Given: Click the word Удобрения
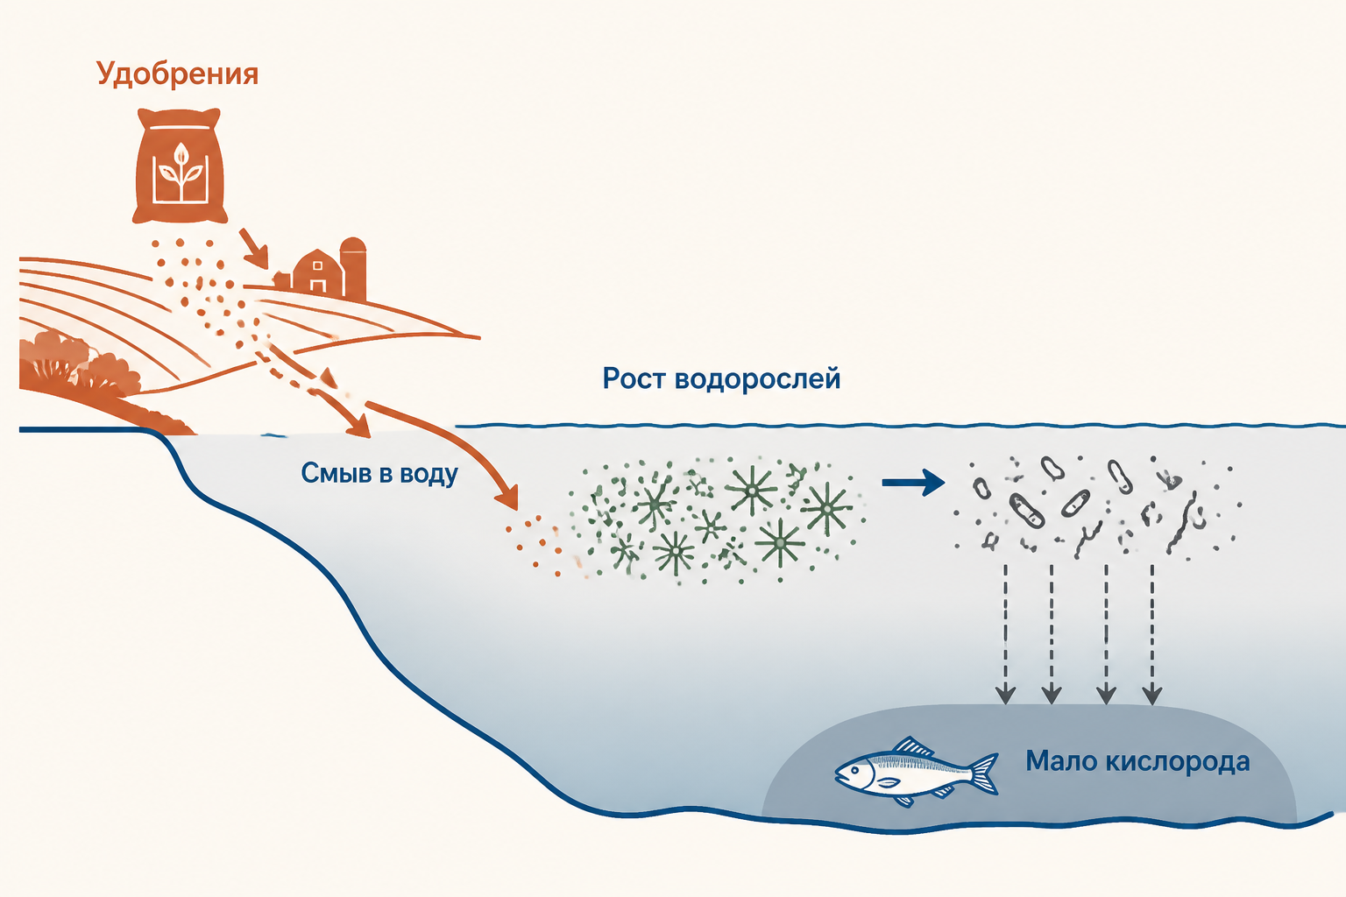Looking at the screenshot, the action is tap(177, 74).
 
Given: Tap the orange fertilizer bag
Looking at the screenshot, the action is tap(179, 166).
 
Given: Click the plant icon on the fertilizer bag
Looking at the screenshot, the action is tap(179, 171).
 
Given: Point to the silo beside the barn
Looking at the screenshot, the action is tap(353, 268).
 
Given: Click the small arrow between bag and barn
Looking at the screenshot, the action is tap(253, 248).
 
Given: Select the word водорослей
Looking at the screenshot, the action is tap(757, 379).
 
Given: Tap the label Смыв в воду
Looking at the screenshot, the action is tap(379, 474).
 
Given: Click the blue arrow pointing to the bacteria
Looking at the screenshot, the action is tap(913, 483).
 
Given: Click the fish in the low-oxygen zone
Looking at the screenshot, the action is tap(917, 772).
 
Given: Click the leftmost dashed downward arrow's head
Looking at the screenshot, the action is tap(1005, 695).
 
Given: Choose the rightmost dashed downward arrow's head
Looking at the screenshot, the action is tap(1152, 695).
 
